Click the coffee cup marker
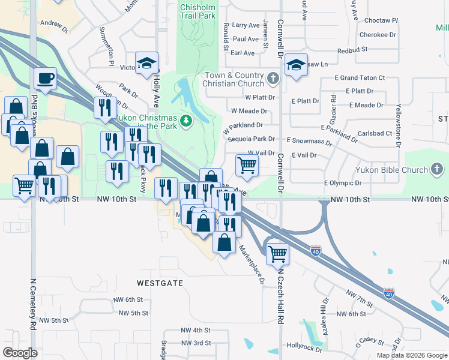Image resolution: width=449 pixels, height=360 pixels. coord(45,79)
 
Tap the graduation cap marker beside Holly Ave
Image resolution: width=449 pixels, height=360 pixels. coord(146,64)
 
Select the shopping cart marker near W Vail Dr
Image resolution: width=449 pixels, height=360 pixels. coord(247,165)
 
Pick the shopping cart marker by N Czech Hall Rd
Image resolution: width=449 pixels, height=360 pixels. coord(277,253)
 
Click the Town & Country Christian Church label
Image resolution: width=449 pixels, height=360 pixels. coord(234,79)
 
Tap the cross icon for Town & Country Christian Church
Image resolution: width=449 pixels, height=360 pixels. coord(273,78)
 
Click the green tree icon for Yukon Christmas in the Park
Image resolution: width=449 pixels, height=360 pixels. coord(187,121)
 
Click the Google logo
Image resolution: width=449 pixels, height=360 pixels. coord(20,352)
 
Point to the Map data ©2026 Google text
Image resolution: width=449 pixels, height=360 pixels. coord(411,355)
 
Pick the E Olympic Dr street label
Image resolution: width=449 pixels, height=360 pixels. coord(343,182)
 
